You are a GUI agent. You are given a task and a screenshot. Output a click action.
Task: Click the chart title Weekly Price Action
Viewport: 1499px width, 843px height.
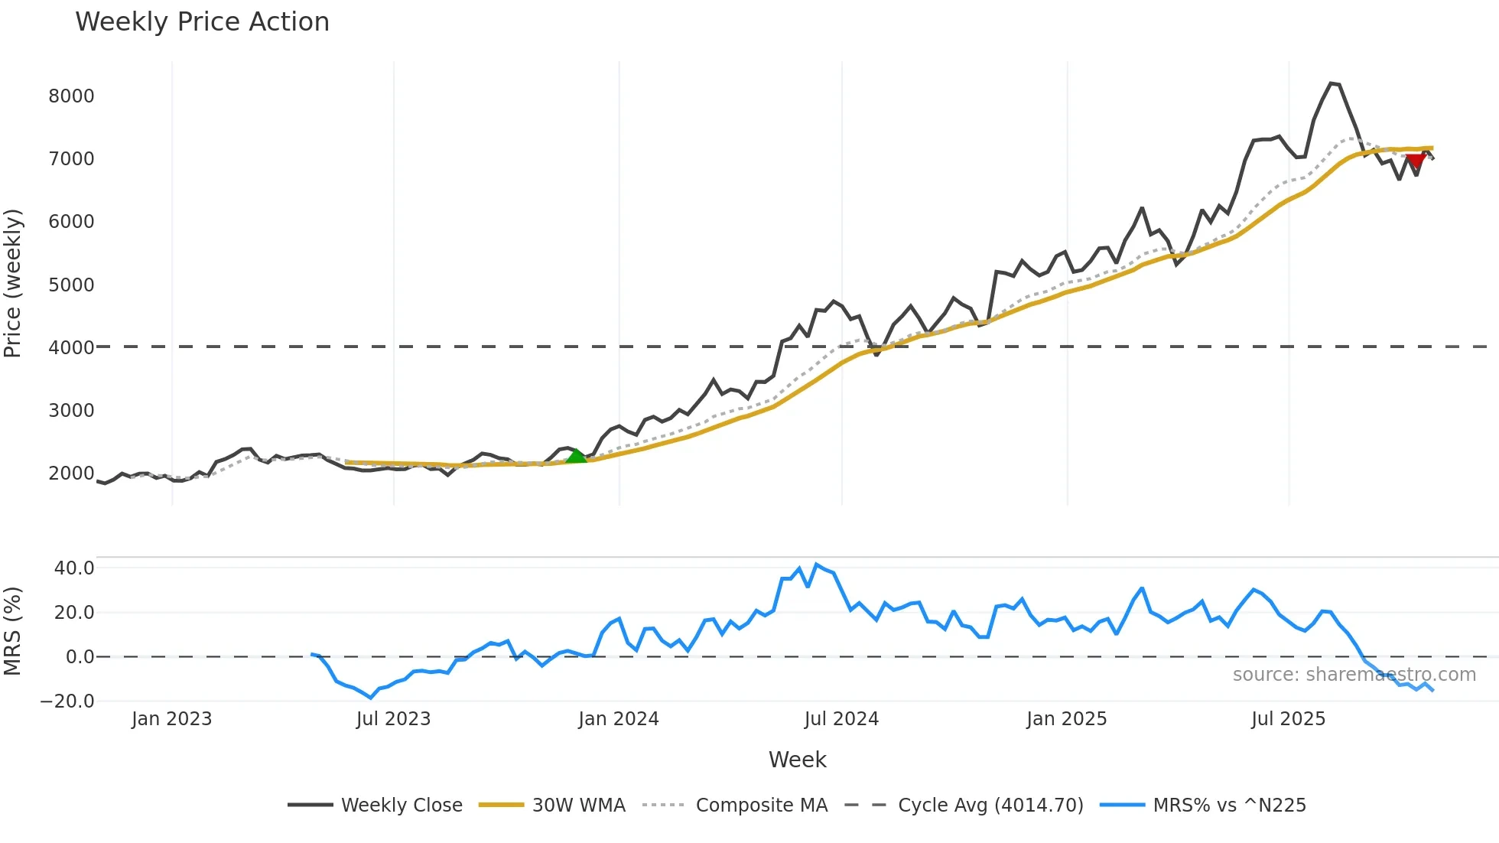202,22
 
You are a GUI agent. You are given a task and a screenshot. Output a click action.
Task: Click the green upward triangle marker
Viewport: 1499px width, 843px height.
576,457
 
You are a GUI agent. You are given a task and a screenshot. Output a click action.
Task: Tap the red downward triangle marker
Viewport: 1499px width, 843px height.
1416,161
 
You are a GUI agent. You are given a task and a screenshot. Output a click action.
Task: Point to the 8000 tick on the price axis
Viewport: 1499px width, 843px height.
71,96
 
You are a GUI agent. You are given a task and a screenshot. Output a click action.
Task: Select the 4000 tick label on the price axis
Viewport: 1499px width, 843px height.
71,348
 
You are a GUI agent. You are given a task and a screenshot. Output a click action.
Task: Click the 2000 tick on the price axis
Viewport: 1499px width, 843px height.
71,474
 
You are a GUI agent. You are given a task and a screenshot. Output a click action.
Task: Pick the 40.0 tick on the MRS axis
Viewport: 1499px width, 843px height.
74,568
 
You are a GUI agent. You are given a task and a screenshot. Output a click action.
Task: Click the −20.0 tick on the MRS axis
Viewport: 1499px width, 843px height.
67,701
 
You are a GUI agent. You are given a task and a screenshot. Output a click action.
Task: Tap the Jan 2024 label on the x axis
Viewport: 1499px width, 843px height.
618,719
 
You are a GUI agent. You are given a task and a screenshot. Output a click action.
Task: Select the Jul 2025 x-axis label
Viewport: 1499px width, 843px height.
1288,719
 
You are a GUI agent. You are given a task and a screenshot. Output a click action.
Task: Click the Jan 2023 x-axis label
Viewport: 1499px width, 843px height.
171,719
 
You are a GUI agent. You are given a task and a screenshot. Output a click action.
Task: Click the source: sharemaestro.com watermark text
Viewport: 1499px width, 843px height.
1354,675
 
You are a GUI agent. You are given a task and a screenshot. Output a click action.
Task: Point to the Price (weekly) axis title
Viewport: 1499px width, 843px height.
13,283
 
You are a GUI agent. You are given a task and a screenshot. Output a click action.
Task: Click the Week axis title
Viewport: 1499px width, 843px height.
797,760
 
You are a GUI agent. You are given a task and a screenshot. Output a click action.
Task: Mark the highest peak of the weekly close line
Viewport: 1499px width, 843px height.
1332,83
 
